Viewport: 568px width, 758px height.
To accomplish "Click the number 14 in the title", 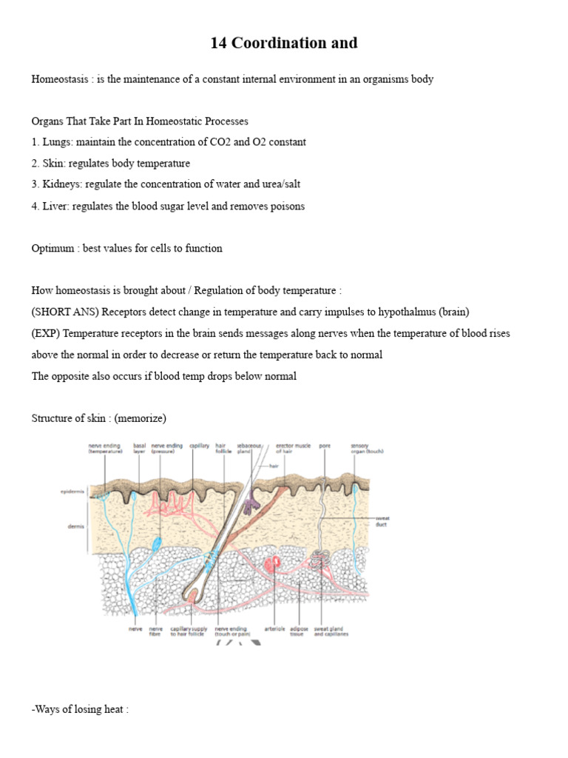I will [219, 43].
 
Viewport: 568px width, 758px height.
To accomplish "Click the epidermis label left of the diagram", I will [72, 491].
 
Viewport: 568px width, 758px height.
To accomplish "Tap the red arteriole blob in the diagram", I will [275, 565].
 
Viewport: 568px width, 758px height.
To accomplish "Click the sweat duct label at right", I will [382, 521].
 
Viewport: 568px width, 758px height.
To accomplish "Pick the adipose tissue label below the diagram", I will [297, 631].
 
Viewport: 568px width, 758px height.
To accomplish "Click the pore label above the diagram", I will [325, 446].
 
